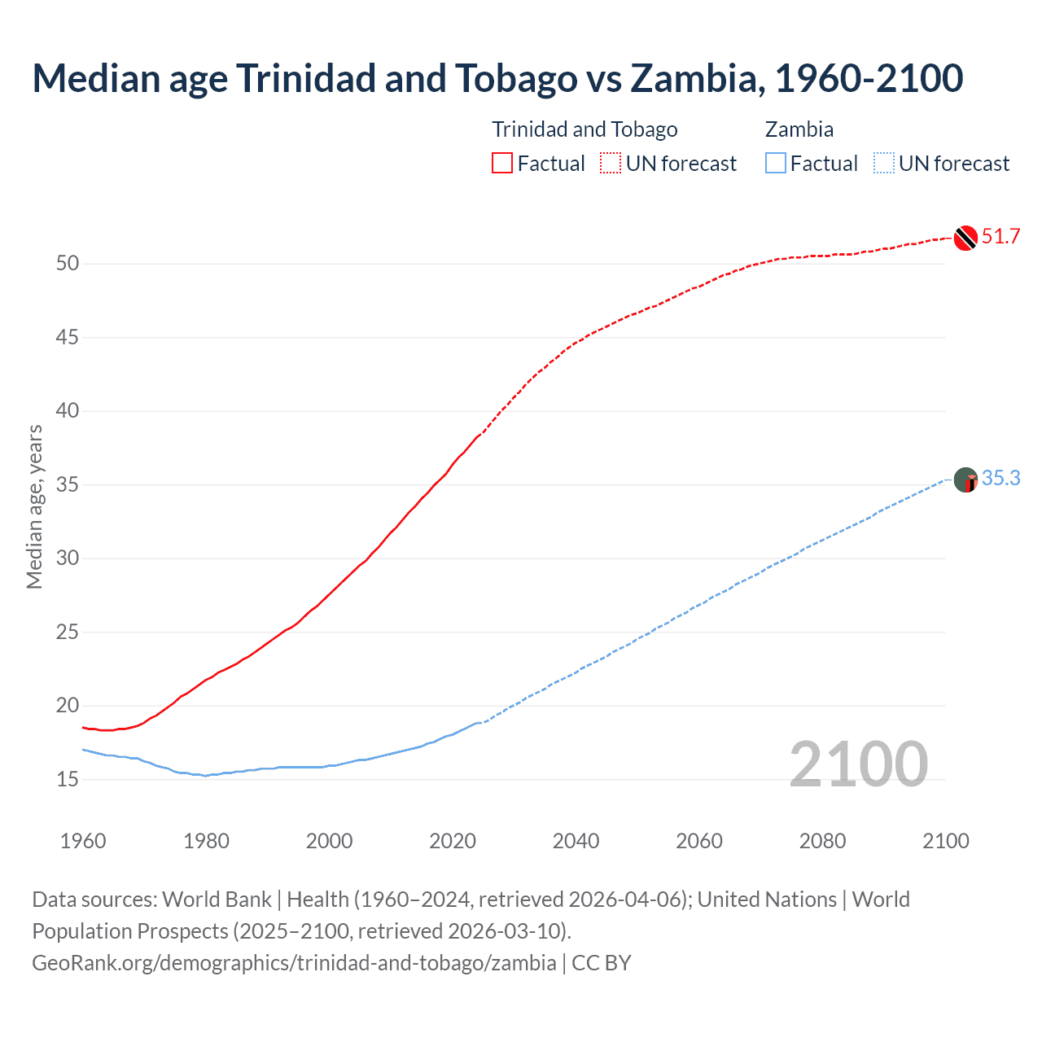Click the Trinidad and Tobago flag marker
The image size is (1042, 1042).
tap(965, 238)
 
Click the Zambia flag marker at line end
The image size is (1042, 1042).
tap(965, 479)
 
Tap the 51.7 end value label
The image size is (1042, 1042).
tap(1000, 237)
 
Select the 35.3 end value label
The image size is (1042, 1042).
tap(1000, 478)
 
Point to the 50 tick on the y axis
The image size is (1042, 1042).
tap(68, 263)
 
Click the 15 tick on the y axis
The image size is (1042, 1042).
tap(68, 779)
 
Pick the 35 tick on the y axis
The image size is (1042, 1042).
tap(68, 484)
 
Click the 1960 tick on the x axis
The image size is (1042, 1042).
tap(83, 841)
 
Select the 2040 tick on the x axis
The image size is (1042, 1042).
tap(576, 841)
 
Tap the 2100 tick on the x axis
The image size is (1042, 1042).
tap(946, 841)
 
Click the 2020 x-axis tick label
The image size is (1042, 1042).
tap(453, 841)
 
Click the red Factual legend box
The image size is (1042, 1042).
tap(502, 164)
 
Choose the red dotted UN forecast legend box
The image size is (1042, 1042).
tap(611, 164)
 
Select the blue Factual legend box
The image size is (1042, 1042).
tap(776, 164)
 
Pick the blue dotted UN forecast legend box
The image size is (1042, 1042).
tap(883, 164)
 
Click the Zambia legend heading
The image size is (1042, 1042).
tap(799, 129)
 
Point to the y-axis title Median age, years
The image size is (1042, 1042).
tap(34, 506)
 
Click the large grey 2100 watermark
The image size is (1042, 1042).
tap(858, 764)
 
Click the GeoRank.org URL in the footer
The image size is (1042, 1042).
tap(294, 963)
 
